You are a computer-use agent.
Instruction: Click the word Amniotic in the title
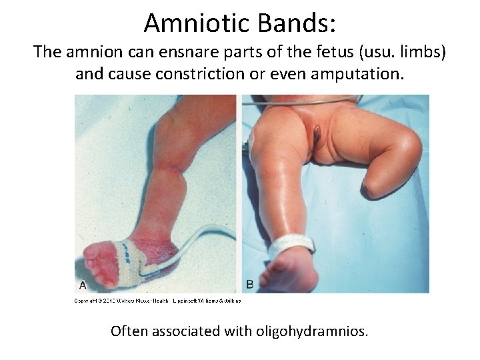[193, 23]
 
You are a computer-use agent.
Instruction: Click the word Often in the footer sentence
[129, 331]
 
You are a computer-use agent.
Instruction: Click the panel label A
[83, 285]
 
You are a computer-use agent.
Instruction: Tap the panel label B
[249, 285]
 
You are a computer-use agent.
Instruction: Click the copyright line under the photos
[157, 301]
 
